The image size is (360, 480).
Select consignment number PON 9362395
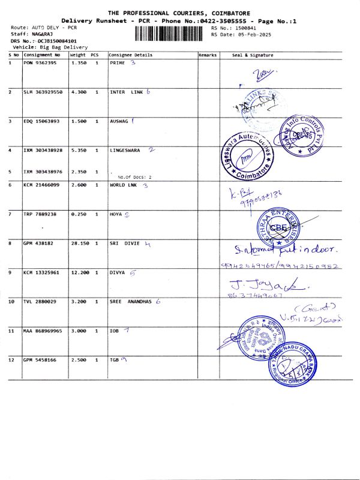click(40, 62)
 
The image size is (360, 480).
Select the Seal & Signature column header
click(253, 55)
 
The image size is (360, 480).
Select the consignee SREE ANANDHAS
click(131, 302)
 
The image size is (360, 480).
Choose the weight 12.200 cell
click(80, 272)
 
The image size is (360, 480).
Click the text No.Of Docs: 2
click(135, 177)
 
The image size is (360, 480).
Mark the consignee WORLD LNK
click(124, 185)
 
